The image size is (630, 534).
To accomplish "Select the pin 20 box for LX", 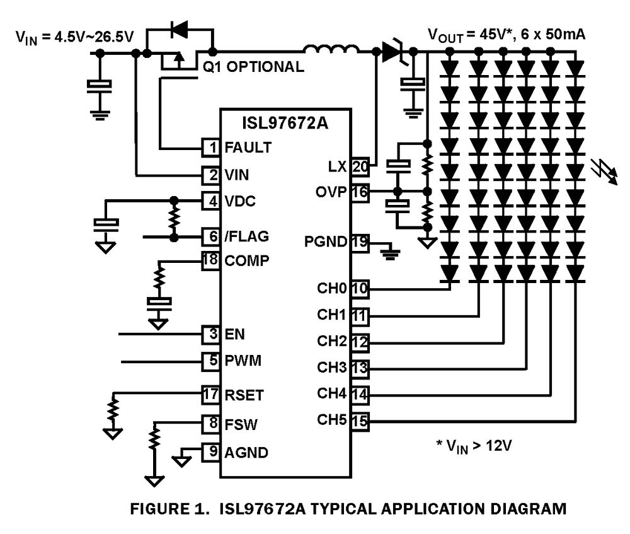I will click(360, 166).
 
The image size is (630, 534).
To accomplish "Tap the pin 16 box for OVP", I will click(360, 192).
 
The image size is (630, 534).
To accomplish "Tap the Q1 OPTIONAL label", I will click(251, 67).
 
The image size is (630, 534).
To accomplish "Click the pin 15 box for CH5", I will click(360, 419).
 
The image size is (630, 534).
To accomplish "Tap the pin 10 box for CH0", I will click(360, 289).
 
